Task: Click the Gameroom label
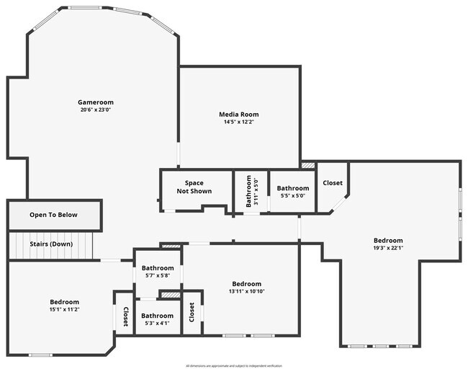click(96, 102)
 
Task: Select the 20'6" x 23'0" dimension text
click(96, 110)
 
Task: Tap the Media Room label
click(238, 115)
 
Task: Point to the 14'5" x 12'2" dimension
click(238, 123)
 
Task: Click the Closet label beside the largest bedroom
click(333, 183)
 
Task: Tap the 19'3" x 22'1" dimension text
click(388, 249)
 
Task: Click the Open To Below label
click(53, 215)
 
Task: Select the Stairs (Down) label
click(51, 244)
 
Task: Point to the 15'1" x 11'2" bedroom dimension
click(64, 310)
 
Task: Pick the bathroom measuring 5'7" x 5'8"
click(157, 271)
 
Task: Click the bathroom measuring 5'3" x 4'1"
click(157, 319)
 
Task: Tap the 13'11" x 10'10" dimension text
click(246, 291)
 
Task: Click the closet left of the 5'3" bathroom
click(125, 317)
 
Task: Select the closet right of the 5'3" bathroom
click(192, 313)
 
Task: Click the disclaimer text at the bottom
click(233, 365)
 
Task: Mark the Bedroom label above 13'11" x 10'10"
click(246, 283)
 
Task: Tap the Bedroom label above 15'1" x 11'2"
click(64, 302)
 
